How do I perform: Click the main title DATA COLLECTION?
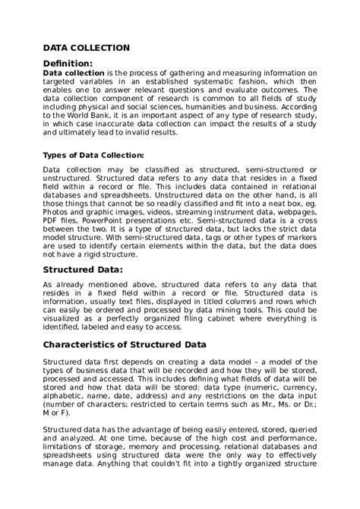point(86,47)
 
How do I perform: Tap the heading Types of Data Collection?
point(93,156)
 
